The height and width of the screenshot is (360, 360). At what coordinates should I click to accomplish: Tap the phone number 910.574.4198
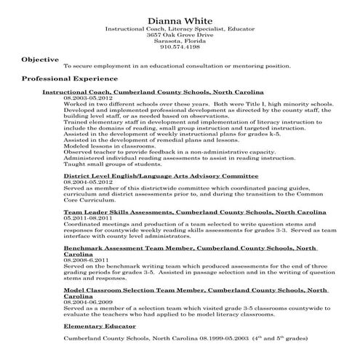tap(180, 47)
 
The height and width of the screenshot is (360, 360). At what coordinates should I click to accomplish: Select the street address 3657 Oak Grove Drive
tap(180, 35)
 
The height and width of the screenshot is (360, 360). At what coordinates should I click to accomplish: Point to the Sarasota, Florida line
tap(180, 41)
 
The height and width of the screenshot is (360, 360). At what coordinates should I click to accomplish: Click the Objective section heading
tap(41, 58)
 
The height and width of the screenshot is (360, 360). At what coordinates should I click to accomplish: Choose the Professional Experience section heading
tap(69, 78)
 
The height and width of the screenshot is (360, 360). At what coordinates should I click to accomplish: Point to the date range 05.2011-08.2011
tap(87, 217)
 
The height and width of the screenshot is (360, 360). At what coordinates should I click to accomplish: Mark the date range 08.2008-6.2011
tap(86, 259)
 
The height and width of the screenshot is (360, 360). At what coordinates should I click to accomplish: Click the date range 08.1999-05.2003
tap(214, 339)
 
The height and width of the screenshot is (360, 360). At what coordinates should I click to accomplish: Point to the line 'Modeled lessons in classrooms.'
tap(103, 145)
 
